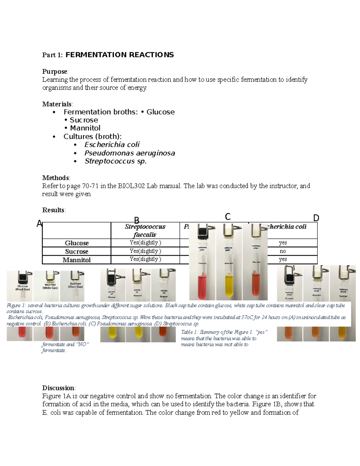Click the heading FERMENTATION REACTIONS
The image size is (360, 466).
click(x=119, y=55)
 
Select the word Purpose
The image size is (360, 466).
click(x=55, y=71)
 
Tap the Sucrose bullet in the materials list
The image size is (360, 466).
click(x=84, y=120)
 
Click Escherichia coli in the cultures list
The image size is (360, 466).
click(x=112, y=145)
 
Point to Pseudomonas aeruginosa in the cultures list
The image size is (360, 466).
click(x=130, y=153)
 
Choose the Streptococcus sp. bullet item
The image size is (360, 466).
click(x=115, y=161)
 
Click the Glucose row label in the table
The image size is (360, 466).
click(x=76, y=243)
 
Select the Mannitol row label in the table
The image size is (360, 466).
click(x=76, y=260)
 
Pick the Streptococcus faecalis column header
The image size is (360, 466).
click(x=145, y=230)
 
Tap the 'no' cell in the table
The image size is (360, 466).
click(x=283, y=251)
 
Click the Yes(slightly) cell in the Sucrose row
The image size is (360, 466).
click(x=145, y=251)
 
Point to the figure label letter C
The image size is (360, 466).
click(x=228, y=217)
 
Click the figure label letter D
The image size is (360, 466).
click(x=316, y=218)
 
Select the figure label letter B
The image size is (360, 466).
click(x=136, y=221)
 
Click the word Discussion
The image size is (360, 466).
click(x=58, y=388)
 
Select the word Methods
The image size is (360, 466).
click(x=55, y=178)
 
